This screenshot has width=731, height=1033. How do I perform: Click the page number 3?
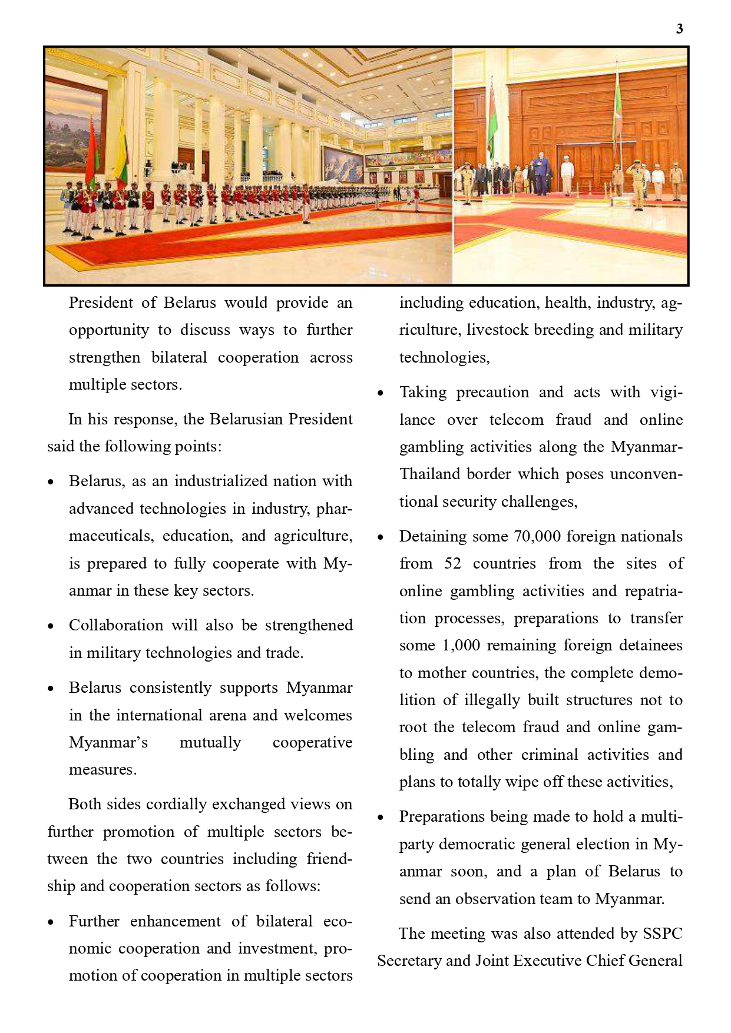tap(679, 29)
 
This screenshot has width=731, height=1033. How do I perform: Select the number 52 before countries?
tap(453, 563)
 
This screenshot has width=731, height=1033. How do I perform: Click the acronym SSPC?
tap(662, 934)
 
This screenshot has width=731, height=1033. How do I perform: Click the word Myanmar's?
tap(108, 742)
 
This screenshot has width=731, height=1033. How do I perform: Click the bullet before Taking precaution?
tap(381, 393)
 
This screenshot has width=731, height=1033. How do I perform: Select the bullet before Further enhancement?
tap(51, 922)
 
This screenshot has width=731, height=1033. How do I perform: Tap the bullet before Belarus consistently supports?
tap(51, 689)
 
